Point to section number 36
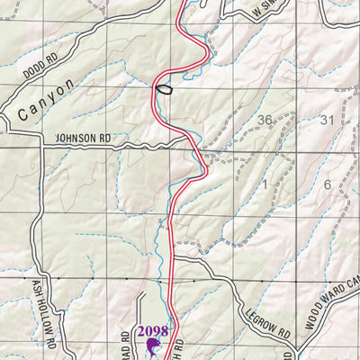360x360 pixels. click(265, 120)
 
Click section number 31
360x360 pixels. click(327, 120)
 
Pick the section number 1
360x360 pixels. click(265, 184)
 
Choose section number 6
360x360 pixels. click(328, 184)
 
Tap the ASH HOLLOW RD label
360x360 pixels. click(44, 314)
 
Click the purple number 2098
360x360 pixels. click(153, 331)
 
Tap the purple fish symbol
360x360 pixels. click(153, 346)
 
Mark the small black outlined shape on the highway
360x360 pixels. click(165, 88)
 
